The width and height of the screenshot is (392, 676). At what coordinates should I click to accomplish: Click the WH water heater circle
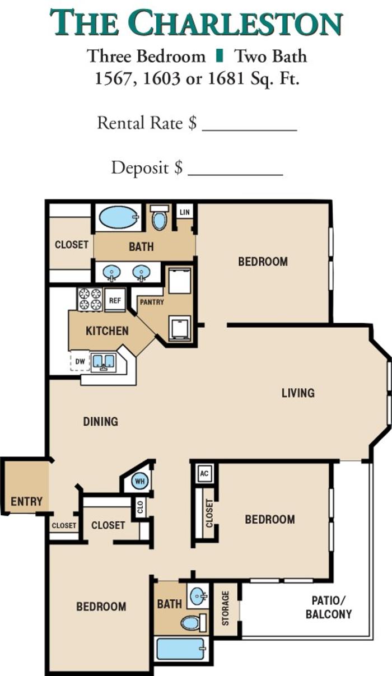139,481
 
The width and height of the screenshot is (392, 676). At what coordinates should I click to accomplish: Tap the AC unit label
204,473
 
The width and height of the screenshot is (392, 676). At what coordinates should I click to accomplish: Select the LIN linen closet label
185,212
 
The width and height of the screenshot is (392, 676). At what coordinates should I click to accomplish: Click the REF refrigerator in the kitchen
115,300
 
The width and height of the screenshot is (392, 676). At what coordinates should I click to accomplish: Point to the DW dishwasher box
80,361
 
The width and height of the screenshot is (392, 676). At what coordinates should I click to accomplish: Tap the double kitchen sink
104,362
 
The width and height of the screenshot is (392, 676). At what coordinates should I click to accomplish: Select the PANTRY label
152,302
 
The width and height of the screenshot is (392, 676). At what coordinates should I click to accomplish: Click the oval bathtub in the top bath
119,217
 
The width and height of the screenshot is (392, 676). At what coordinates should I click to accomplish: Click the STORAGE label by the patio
226,608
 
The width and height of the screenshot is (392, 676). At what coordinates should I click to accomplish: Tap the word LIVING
298,393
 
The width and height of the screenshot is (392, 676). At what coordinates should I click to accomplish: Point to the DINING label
100,422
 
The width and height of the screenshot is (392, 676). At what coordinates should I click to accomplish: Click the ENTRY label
26,502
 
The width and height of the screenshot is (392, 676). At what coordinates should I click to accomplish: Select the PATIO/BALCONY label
329,608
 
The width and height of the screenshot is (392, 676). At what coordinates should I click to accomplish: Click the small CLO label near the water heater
140,507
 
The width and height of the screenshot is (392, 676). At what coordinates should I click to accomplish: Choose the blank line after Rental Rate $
250,130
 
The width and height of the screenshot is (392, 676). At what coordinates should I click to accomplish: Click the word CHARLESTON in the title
237,23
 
